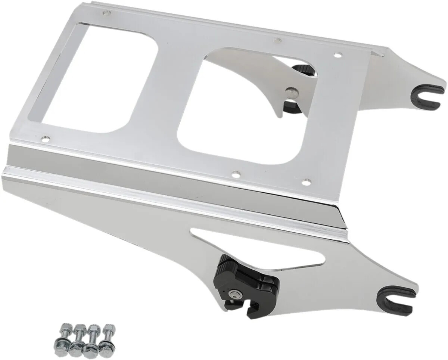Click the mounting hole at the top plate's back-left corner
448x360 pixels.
tap(107, 13)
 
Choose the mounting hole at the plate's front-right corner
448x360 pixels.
tap(306, 182)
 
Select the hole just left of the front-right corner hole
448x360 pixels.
tap(235, 174)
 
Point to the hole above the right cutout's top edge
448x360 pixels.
tap(277, 40)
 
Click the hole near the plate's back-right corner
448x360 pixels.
tap(337, 55)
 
